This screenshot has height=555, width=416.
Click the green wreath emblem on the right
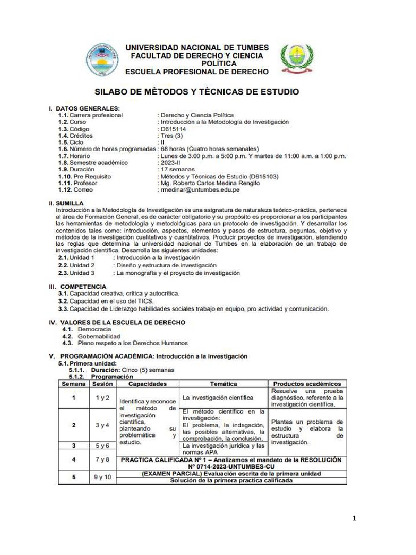[295, 60]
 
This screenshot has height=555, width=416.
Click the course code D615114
[173, 130]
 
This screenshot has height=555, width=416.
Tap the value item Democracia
[94, 329]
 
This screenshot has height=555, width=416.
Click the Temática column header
[223, 384]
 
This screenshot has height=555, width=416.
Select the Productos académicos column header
[307, 384]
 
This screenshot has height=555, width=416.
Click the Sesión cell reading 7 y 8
[102, 460]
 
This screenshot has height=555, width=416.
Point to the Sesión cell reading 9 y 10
[102, 477]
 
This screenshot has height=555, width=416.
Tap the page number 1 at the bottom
[354, 519]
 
